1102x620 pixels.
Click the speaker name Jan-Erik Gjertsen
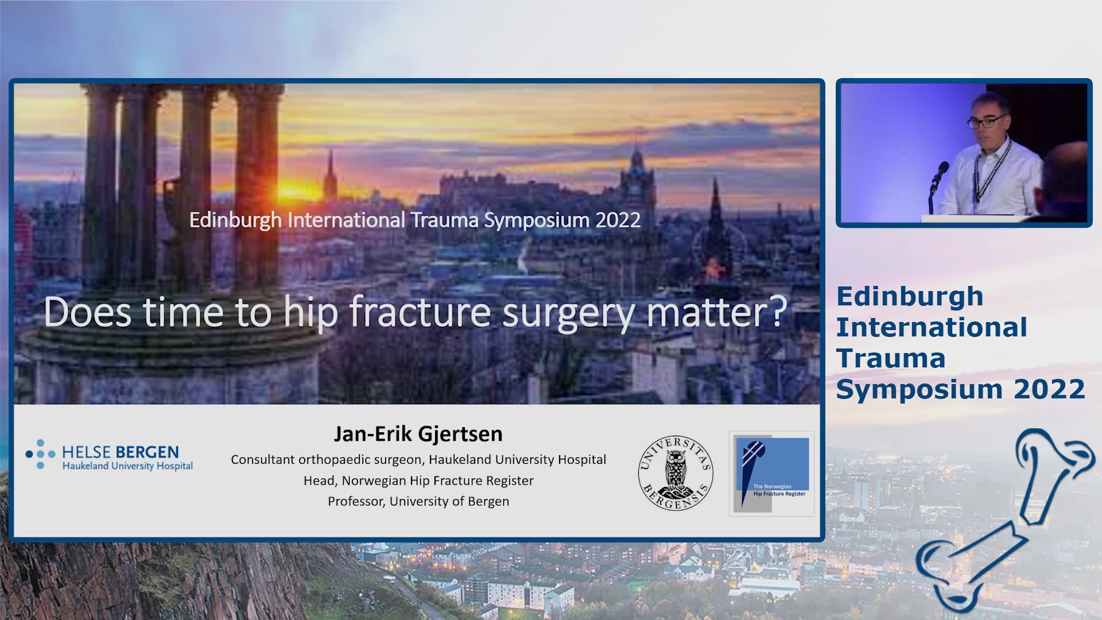(418, 434)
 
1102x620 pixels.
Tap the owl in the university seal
(676, 470)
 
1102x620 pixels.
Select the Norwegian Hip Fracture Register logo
(771, 474)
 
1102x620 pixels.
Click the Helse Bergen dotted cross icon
(40, 454)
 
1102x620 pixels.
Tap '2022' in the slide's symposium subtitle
(618, 220)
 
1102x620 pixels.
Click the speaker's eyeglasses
(987, 121)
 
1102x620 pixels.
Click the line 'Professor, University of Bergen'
(418, 501)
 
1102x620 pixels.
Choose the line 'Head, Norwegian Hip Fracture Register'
(418, 480)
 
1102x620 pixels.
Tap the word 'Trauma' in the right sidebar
(891, 358)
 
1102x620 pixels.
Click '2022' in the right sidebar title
(1049, 389)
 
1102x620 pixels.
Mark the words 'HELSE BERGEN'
(121, 452)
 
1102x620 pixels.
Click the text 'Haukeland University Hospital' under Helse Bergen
(127, 466)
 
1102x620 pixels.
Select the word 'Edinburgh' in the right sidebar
(910, 297)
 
